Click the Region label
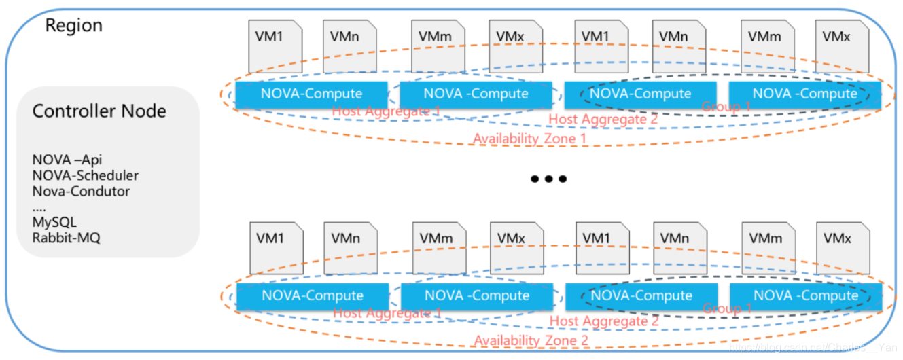pos(73,26)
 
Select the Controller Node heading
pos(99,111)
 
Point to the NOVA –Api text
pos(67,160)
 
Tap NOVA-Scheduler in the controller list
pos(86,176)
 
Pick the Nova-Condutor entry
pos(81,192)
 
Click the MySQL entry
pos(54,223)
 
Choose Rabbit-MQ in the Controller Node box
pos(66,238)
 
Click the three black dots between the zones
pos(548,179)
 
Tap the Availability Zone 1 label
pos(531,139)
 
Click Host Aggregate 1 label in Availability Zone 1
pos(387,111)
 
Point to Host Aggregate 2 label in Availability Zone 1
pos(603,120)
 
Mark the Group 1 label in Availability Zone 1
pos(726,107)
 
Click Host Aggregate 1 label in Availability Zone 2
pos(387,313)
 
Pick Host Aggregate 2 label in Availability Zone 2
pos(604,321)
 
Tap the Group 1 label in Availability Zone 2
pos(727,308)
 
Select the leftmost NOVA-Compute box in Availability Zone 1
pos(312,94)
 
